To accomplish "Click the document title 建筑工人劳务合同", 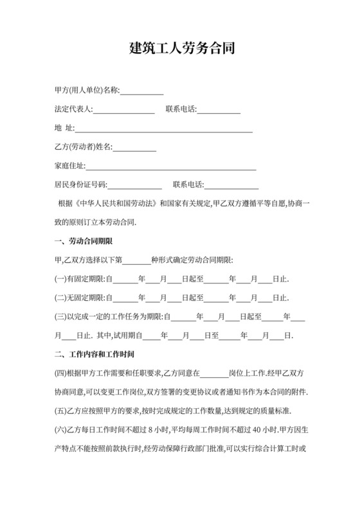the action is pos(179,49).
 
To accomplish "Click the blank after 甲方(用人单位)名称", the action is pos(142,91).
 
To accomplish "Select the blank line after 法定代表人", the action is pos(124,109).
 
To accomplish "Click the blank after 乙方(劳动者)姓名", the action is pos(135,147).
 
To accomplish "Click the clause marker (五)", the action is pos(60,411).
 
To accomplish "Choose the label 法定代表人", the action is pos(74,109).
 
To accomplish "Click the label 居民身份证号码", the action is pos(80,185).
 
